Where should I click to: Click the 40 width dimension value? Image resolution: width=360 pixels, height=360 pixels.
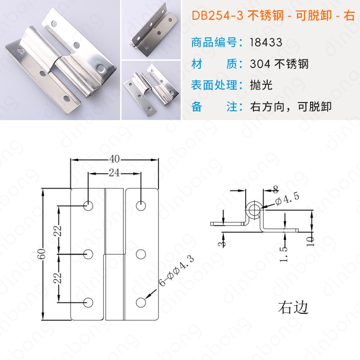pyautogui.click(x=114, y=159)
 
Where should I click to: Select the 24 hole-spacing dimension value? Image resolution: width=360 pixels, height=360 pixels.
pyautogui.click(x=114, y=173)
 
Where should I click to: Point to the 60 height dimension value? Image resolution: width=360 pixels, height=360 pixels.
pyautogui.click(x=41, y=254)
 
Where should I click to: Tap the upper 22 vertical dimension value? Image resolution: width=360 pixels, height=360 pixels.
pyautogui.click(x=58, y=231)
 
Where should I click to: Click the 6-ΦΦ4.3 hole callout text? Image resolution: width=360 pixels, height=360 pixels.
pyautogui.click(x=176, y=271)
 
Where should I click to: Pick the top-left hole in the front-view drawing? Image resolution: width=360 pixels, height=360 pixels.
pyautogui.click(x=88, y=206)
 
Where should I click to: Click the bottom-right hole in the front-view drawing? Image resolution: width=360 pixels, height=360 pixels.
pyautogui.click(x=141, y=302)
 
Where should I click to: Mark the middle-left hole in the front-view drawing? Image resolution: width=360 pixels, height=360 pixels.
pyautogui.click(x=88, y=254)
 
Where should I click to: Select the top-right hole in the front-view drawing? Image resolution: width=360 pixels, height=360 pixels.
pyautogui.click(x=141, y=206)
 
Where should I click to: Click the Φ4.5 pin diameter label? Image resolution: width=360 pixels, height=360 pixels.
pyautogui.click(x=287, y=199)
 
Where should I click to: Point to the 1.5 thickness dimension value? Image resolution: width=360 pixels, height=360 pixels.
pyautogui.click(x=284, y=254)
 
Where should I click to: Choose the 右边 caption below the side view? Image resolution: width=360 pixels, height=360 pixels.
pyautogui.click(x=293, y=307)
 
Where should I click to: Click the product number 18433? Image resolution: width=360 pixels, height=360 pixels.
pyautogui.click(x=266, y=42)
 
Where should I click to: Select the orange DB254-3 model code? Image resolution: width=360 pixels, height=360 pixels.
pyautogui.click(x=217, y=16)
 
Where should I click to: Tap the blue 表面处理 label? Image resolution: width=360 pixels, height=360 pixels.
pyautogui.click(x=214, y=85)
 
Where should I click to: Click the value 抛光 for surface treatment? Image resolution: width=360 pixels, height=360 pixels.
pyautogui.click(x=261, y=85)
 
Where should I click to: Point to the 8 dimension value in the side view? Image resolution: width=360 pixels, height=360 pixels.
pyautogui.click(x=275, y=189)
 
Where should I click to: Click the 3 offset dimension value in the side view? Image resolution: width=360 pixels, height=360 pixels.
pyautogui.click(x=221, y=244)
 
